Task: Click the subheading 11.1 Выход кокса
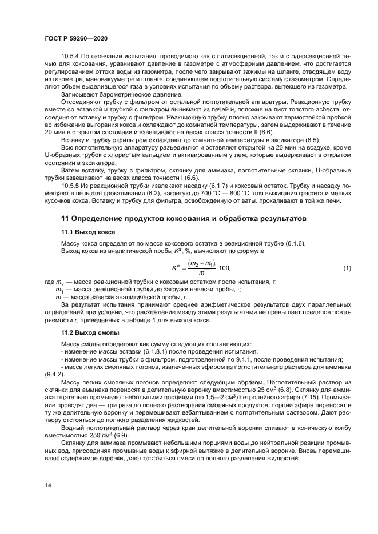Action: pyautogui.click(x=88, y=232)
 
